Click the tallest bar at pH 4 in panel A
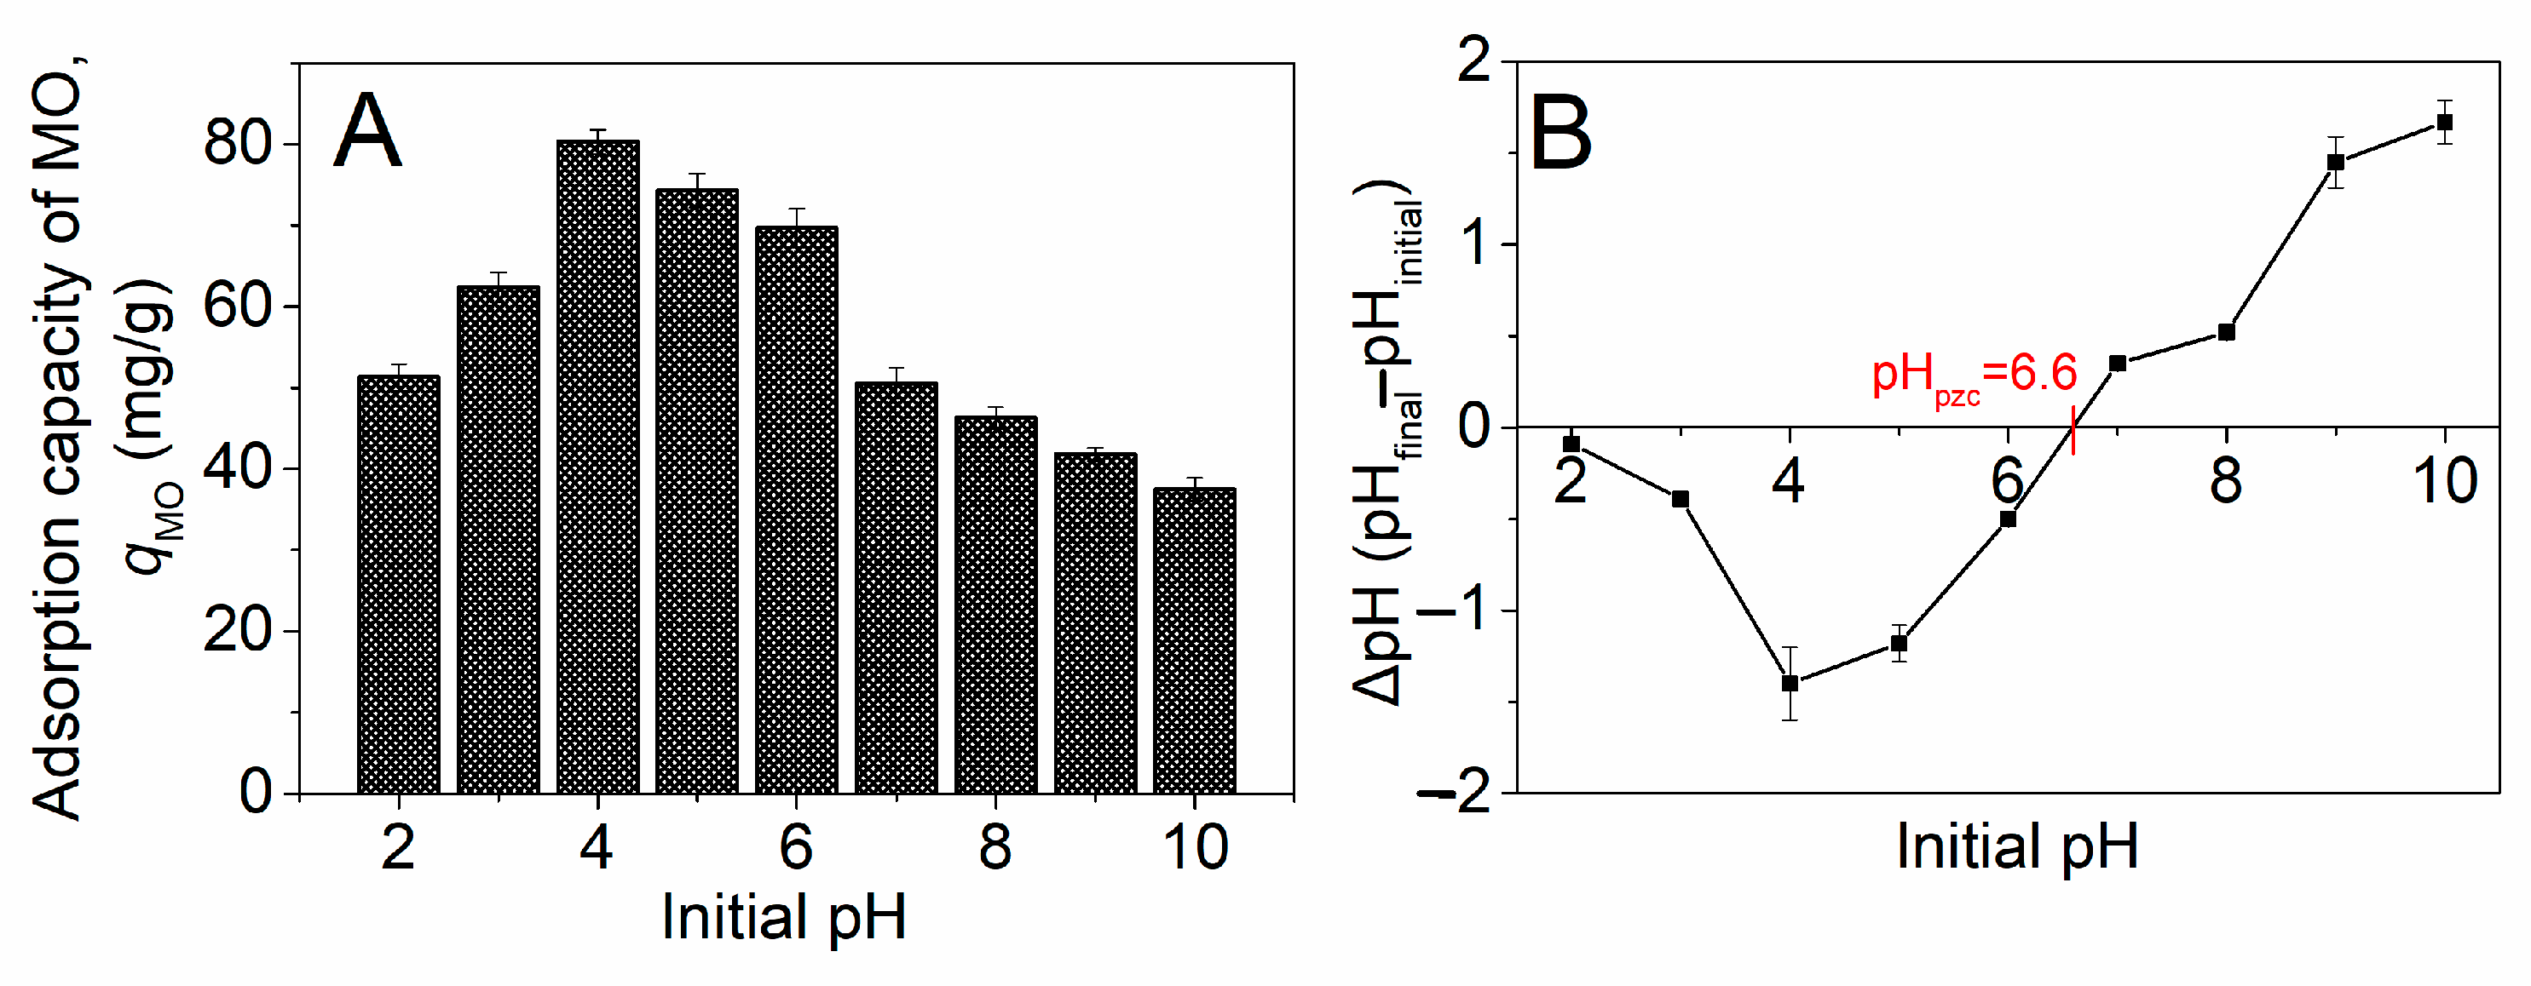(597, 467)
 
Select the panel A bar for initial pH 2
(398, 584)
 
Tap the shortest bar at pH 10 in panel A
(1194, 640)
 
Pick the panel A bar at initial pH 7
(896, 588)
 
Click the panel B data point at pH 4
(1790, 684)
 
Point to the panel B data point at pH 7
(2118, 364)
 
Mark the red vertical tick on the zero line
(2073, 431)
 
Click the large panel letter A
(366, 133)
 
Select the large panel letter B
(1560, 135)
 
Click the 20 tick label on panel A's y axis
(237, 630)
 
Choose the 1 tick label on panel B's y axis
(1476, 244)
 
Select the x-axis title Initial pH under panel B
(2017, 846)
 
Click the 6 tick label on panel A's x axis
(796, 846)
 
